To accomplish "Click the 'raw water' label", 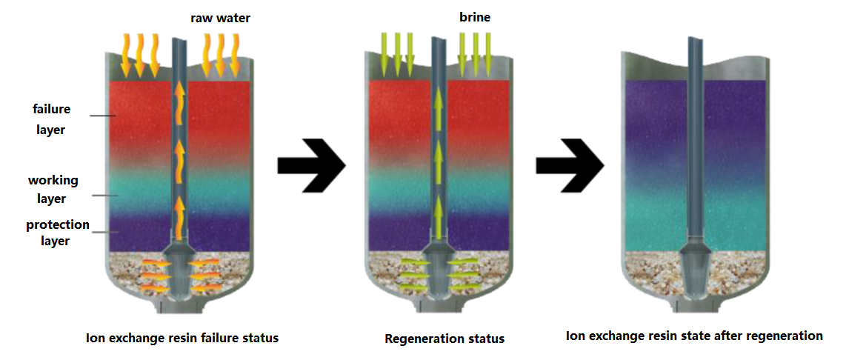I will coord(221,18).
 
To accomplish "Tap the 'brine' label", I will coord(475,17).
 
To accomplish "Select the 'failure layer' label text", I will coord(51,119).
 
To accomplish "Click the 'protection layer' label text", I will coord(58,233).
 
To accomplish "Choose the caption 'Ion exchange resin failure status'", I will coord(182,338).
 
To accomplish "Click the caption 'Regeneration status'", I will coord(444,339).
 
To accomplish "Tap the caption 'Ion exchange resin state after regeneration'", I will coord(694,336).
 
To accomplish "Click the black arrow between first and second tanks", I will coord(311,164).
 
